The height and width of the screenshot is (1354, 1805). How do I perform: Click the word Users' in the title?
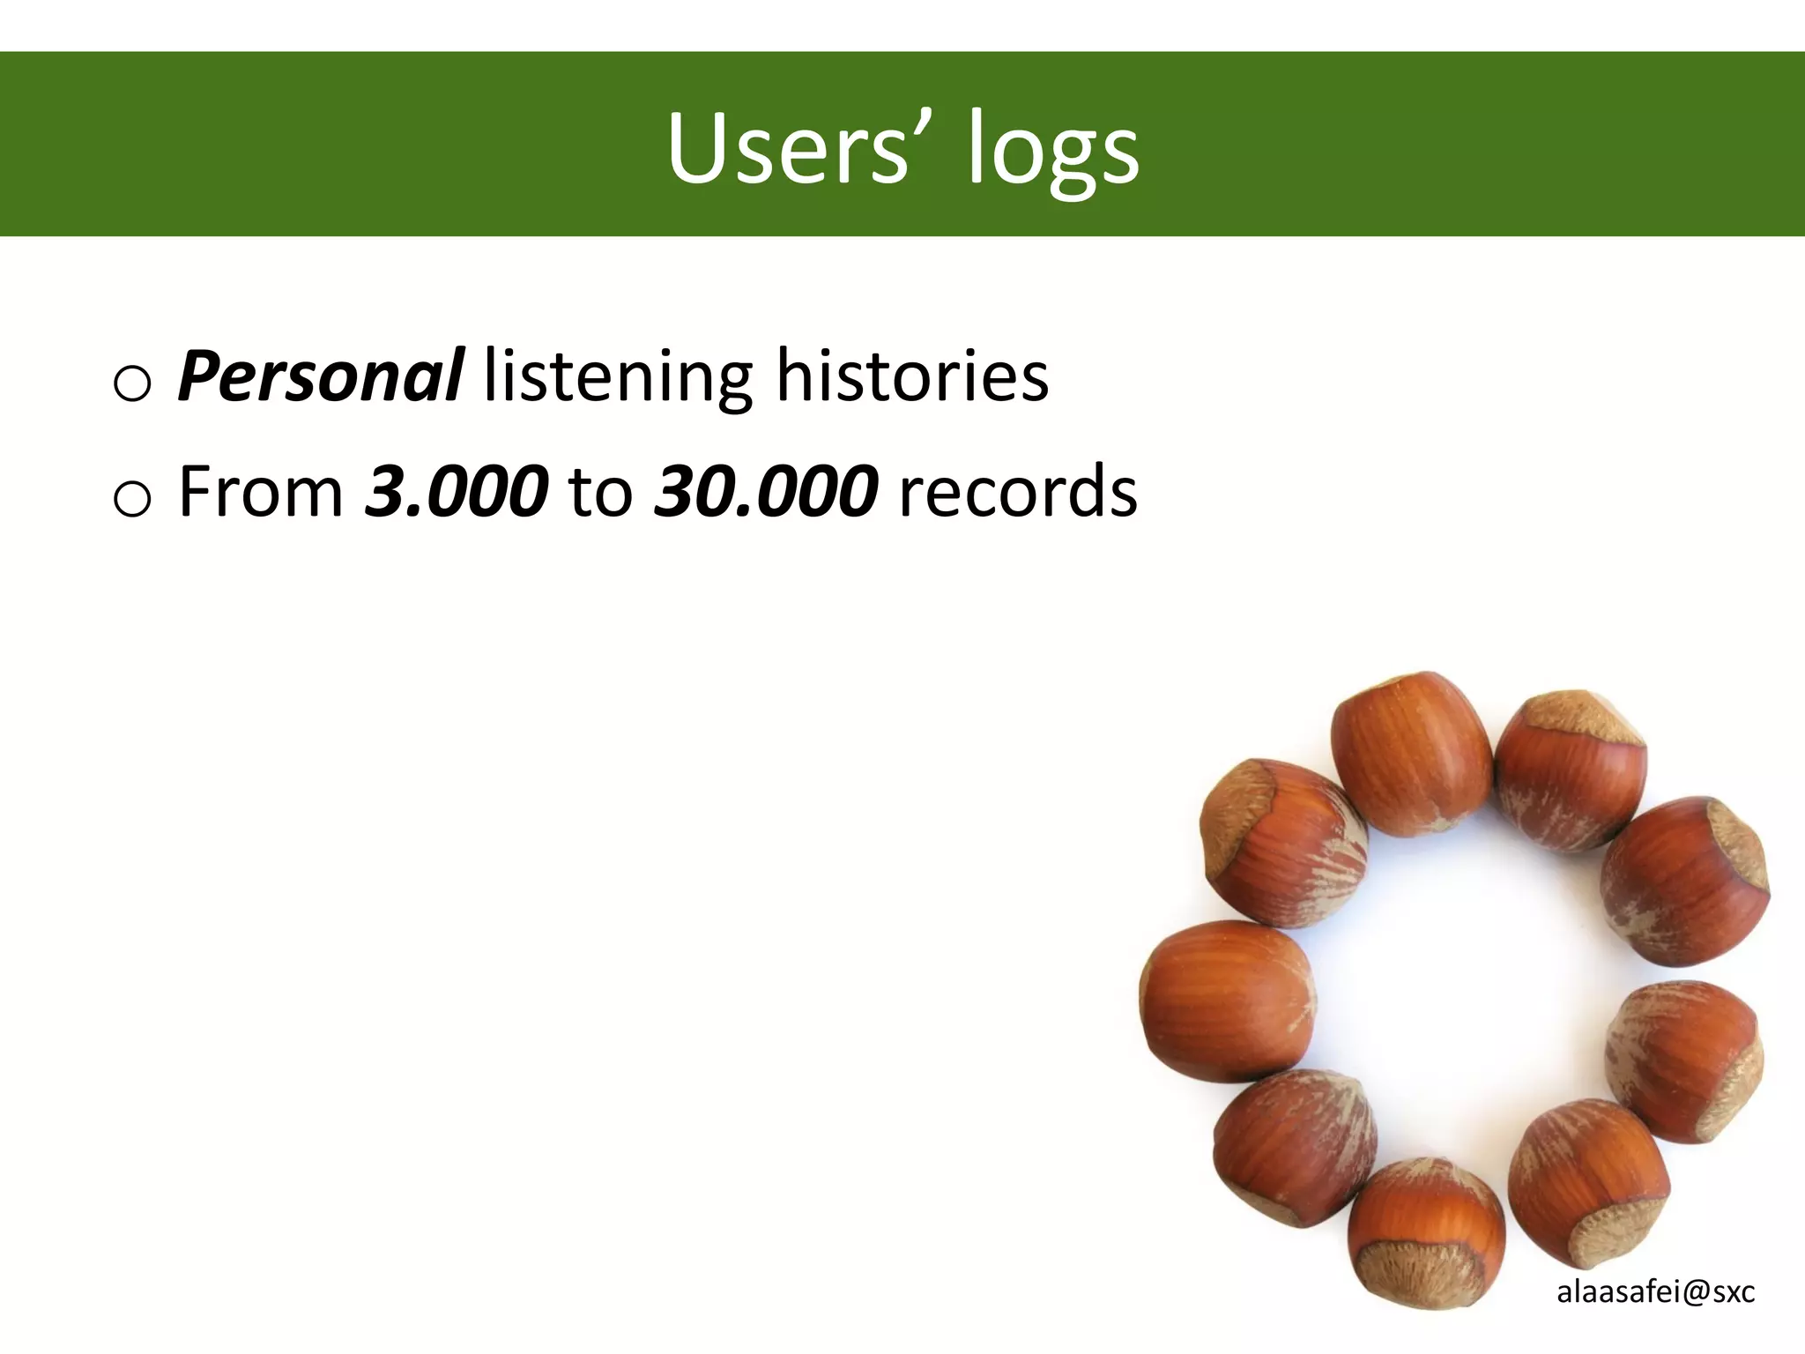point(788,148)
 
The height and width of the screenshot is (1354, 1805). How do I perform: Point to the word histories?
point(911,376)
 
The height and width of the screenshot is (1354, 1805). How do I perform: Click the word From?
point(261,491)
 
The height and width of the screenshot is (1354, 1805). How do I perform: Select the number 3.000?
point(456,491)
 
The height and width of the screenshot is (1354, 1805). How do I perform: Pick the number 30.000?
point(765,491)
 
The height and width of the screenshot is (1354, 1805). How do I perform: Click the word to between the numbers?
point(601,493)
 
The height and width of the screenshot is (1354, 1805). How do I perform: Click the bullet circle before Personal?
point(132,383)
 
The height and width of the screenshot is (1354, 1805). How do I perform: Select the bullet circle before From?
point(132,499)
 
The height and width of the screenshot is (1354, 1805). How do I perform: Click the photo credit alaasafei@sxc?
point(1655,1292)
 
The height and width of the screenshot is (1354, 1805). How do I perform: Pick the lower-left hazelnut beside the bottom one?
point(1294,1146)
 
